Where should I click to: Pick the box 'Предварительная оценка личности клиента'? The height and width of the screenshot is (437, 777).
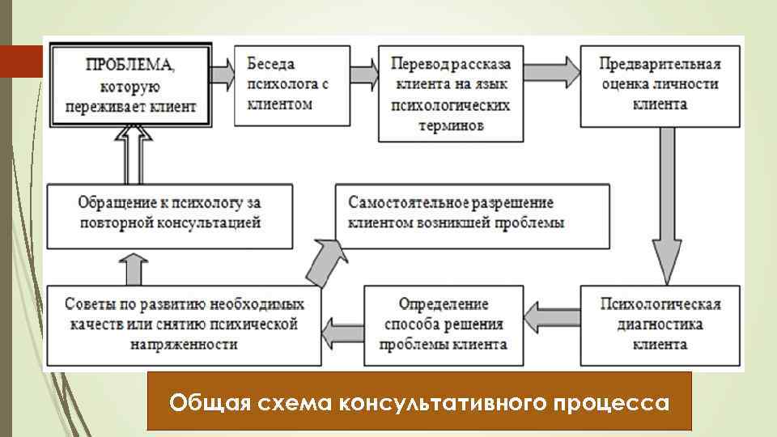pos(660,83)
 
